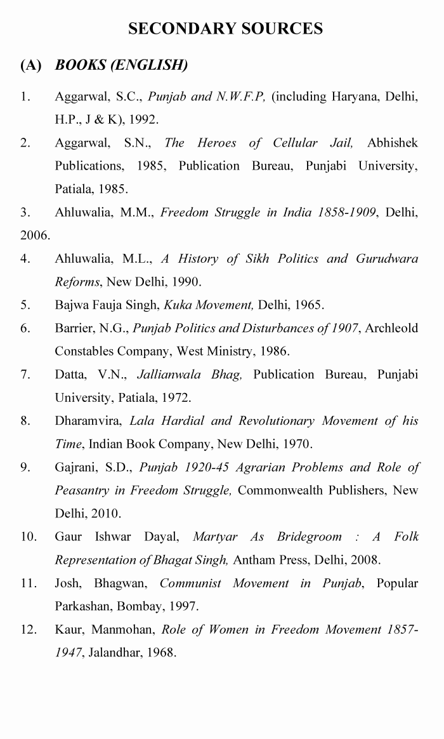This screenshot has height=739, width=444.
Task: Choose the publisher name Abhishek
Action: click(393, 143)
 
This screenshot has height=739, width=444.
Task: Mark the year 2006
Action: click(34, 235)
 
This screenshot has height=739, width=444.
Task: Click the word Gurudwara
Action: click(387, 258)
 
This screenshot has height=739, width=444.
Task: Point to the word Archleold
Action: click(393, 328)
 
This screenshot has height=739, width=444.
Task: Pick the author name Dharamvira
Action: click(89, 421)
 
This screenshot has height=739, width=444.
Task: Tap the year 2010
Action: click(105, 513)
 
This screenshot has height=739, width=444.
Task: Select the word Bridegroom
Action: click(309, 536)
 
